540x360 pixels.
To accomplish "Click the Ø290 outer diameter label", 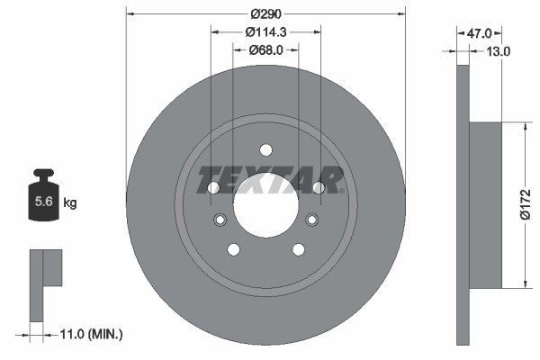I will pyautogui.click(x=265, y=13).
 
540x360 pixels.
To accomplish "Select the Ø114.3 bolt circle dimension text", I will pyautogui.click(x=265, y=31).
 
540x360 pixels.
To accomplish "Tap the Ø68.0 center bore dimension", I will pyautogui.click(x=265, y=50).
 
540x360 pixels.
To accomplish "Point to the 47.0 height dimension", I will pyautogui.click(x=478, y=32).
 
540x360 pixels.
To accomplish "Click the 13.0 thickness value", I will pyautogui.click(x=498, y=51).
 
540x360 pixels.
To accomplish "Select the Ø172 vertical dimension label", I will pyautogui.click(x=527, y=205).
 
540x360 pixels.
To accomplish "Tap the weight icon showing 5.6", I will pyautogui.click(x=43, y=199).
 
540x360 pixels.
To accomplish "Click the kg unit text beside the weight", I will pyautogui.click(x=70, y=203).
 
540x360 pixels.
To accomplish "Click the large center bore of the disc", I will pyautogui.click(x=265, y=203).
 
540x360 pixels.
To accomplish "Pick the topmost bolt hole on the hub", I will pyautogui.click(x=265, y=150).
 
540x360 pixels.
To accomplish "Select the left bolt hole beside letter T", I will pyautogui.click(x=213, y=188).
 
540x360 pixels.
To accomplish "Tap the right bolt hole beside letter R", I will pyautogui.click(x=318, y=187).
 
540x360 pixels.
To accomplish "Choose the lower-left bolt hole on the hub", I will pyautogui.click(x=233, y=249).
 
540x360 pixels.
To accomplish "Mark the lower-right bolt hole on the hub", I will pyautogui.click(x=298, y=249).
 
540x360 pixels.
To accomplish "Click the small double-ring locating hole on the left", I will pyautogui.click(x=219, y=220).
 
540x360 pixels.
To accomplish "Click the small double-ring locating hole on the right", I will pyautogui.click(x=312, y=220).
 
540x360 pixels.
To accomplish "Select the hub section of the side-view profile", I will pyautogui.click(x=485, y=205).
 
